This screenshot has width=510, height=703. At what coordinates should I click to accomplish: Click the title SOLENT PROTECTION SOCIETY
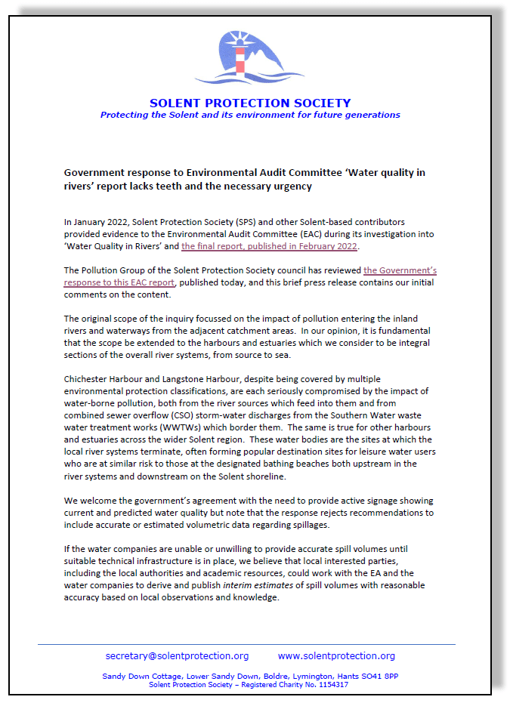click(250, 103)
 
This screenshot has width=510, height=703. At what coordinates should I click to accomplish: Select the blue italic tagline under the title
click(250, 115)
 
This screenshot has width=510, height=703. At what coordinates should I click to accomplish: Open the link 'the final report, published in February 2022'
click(270, 246)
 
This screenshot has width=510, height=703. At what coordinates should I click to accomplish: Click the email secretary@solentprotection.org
click(177, 655)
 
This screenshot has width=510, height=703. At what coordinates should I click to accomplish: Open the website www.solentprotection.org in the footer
click(336, 655)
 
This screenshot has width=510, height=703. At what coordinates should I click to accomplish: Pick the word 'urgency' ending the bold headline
click(291, 186)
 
